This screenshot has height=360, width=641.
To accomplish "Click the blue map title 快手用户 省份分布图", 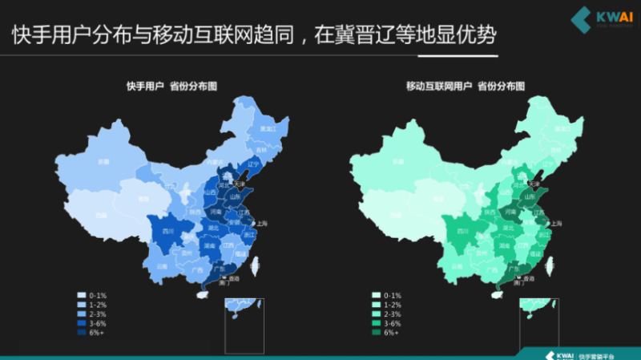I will [171, 85].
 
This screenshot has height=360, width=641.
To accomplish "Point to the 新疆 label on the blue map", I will [103, 161].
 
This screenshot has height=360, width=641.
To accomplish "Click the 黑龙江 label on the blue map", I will [268, 128].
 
